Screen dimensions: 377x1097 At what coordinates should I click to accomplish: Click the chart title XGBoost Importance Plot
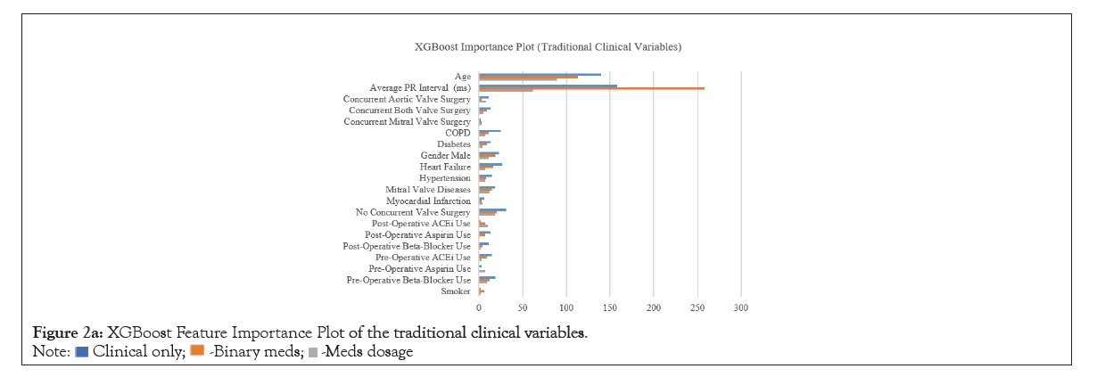click(548, 45)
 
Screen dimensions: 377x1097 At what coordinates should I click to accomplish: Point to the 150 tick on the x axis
click(610, 307)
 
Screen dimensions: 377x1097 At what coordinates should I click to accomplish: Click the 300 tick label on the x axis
click(740, 307)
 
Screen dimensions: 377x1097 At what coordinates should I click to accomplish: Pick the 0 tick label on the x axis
click(480, 307)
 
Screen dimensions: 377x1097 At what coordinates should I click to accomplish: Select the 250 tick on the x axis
click(697, 307)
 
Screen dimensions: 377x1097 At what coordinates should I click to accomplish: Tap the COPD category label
click(458, 133)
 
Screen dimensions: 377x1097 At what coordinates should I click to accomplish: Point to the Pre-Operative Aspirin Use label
click(419, 268)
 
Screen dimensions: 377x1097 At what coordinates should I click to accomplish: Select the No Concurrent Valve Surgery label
click(413, 212)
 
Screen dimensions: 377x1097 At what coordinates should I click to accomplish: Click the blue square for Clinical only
click(82, 351)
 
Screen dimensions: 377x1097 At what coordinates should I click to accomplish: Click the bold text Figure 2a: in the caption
click(62, 333)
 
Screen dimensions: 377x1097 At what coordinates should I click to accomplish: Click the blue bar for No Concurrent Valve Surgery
click(492, 210)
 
